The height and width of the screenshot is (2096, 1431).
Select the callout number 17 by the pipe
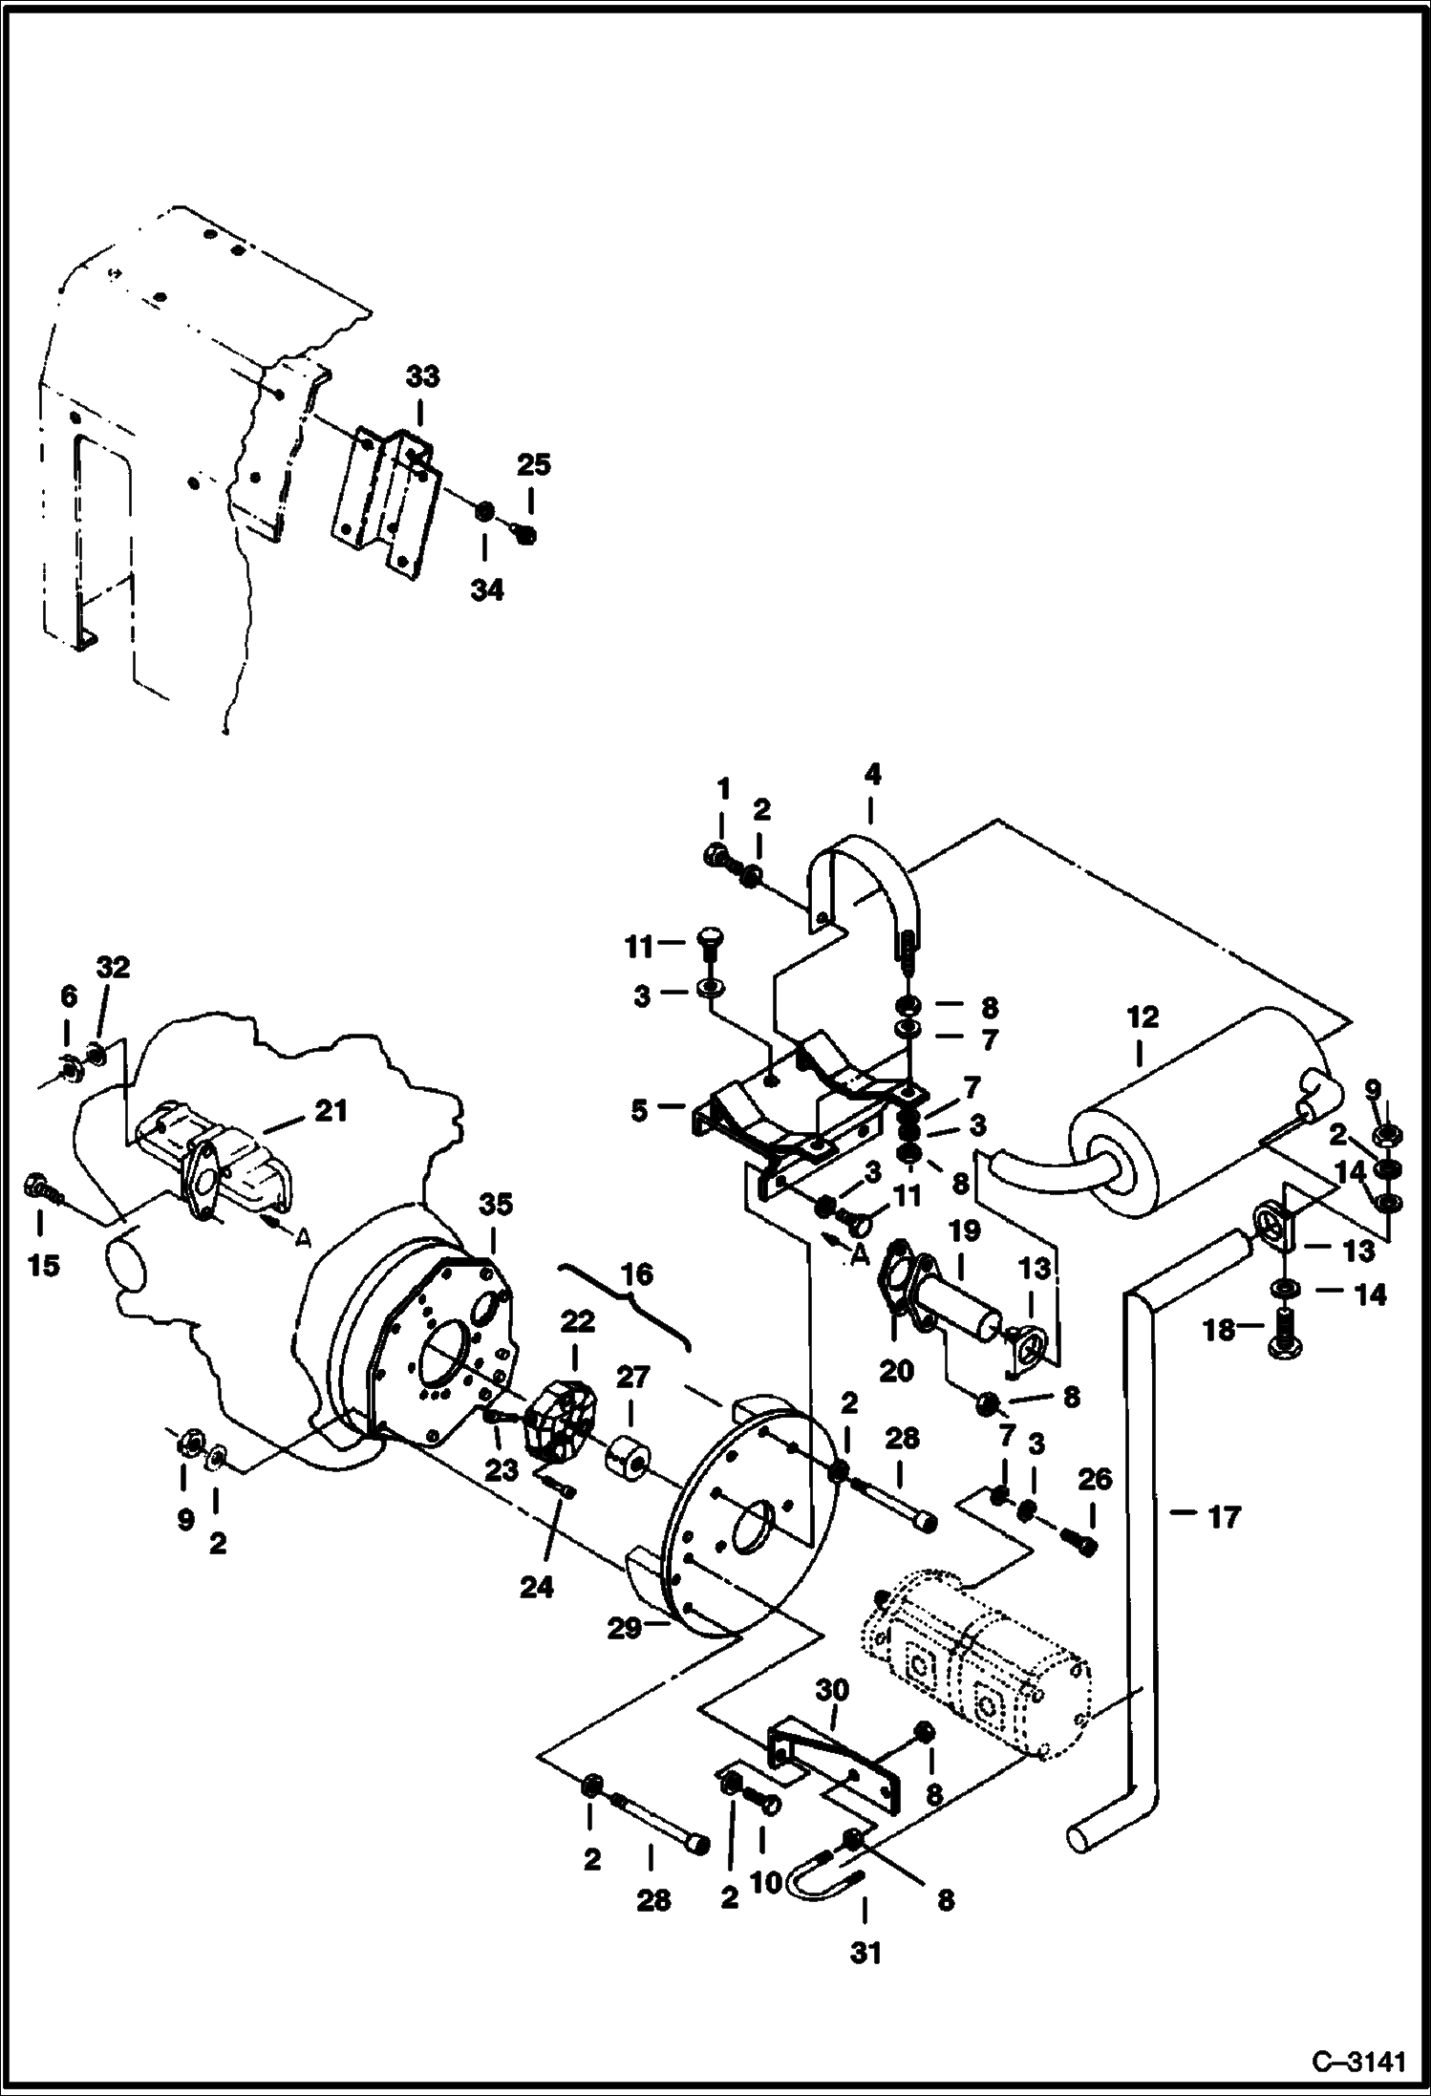tap(1224, 1516)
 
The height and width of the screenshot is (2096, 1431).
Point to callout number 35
tap(496, 1205)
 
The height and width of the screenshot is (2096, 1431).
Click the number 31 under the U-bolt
tap(865, 1954)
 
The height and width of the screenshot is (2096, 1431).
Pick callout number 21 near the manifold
tap(331, 1111)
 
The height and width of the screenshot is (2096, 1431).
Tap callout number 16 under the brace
tap(637, 1274)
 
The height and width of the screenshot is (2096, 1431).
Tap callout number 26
tap(1096, 1479)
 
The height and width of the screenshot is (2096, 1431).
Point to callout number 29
tap(626, 1627)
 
